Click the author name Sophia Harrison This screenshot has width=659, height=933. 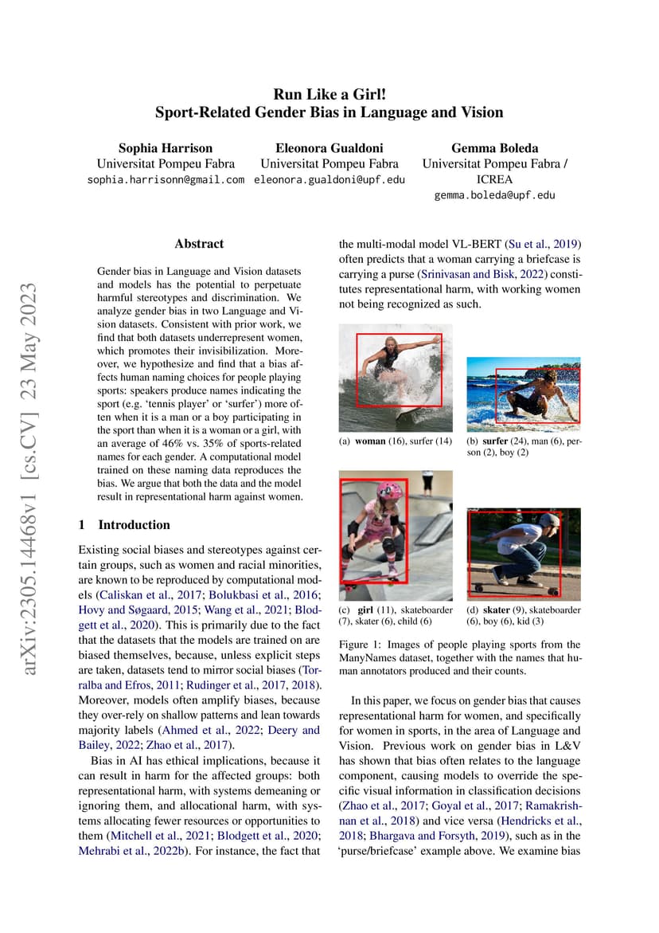(x=166, y=148)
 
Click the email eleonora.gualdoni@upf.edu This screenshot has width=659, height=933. (x=329, y=180)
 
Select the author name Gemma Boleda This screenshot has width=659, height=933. (x=494, y=148)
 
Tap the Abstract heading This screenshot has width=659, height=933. (x=199, y=244)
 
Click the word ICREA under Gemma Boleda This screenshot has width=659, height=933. (x=494, y=179)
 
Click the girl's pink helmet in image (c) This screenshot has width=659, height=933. (x=367, y=490)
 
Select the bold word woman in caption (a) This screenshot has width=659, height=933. (x=370, y=441)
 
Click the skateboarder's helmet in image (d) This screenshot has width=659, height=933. (x=549, y=519)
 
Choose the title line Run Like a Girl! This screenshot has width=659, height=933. (x=329, y=93)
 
